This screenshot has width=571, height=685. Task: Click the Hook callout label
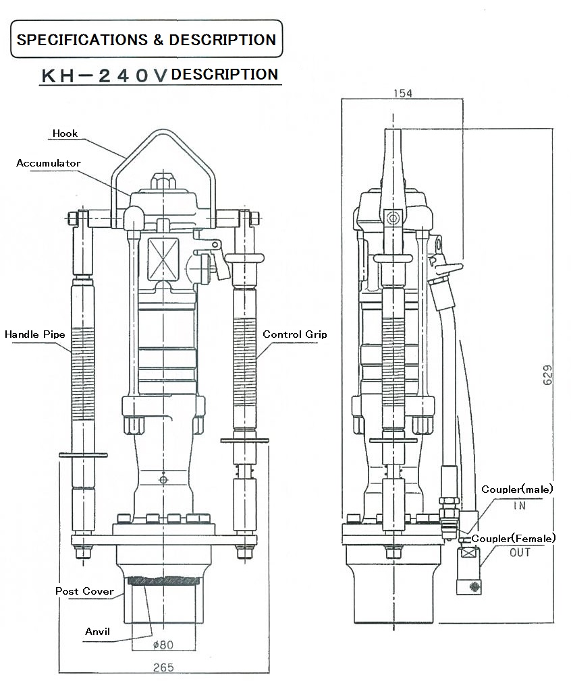(65, 133)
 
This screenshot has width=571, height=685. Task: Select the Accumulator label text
(49, 163)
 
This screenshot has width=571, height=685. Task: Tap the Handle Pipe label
(35, 334)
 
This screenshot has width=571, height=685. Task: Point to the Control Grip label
(295, 334)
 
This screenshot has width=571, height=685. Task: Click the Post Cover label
(84, 591)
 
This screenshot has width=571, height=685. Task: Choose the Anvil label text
(97, 632)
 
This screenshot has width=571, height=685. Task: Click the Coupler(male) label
(517, 489)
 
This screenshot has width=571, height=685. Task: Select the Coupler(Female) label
(513, 538)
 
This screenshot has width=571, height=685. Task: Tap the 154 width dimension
(403, 93)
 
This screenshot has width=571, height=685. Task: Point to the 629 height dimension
(547, 375)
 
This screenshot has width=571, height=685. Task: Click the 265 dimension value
(163, 667)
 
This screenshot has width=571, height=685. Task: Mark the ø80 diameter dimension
(163, 645)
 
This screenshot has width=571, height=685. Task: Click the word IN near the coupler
(520, 506)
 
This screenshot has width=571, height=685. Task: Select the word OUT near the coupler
(520, 553)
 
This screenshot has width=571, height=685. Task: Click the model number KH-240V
(105, 76)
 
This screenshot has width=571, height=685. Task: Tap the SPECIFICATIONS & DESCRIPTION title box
(146, 39)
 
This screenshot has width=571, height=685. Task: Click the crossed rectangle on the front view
(163, 259)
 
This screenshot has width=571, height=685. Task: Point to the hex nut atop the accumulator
(163, 181)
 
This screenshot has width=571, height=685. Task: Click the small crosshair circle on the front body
(163, 479)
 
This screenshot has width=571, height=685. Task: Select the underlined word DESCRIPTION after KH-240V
(225, 75)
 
